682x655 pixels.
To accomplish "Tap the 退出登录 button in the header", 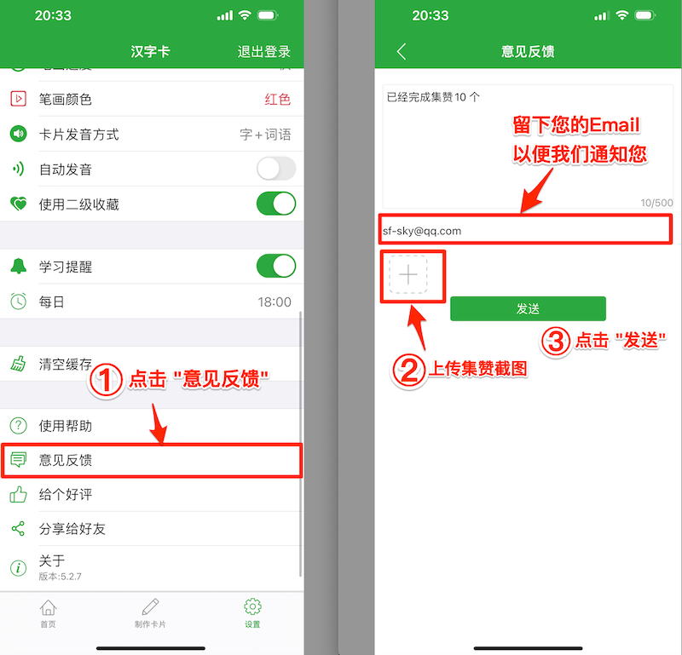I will pos(263,52).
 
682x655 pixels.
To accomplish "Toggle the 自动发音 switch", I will pos(276,169).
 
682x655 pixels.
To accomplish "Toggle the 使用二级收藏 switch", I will pos(276,204).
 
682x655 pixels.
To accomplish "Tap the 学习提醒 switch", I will pos(276,267).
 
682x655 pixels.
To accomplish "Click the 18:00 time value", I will pos(275,302).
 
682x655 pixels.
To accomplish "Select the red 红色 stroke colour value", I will pos(278,100).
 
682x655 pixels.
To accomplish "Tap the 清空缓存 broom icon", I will pos(18,365).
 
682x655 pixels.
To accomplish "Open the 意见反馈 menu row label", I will pos(66,461).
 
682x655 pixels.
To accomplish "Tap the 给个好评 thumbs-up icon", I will pos(18,495).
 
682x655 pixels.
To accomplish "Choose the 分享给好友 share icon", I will pos(18,529).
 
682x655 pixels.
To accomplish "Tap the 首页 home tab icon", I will pos(49,607).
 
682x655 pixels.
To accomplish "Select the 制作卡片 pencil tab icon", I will pos(150,607).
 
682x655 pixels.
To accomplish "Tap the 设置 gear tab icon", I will pos(252,607).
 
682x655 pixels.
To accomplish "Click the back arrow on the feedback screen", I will pos(402,52).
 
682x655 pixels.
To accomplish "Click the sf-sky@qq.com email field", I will pos(525,231).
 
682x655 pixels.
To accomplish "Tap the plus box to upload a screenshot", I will pos(409,275).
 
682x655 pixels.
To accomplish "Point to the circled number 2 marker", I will pos(408,370).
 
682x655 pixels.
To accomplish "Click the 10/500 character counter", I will pos(656,203).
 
